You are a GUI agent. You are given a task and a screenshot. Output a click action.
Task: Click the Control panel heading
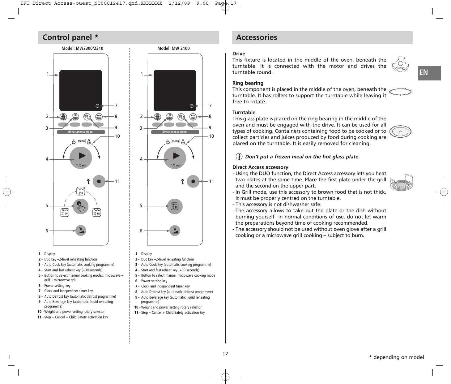tap(70, 37)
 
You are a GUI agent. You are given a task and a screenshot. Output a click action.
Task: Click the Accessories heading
tap(257, 37)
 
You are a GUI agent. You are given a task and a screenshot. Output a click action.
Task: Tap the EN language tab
tap(429, 73)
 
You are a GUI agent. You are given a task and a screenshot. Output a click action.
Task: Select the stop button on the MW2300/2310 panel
tap(99, 181)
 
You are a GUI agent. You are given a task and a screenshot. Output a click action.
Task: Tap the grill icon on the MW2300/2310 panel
tap(80, 191)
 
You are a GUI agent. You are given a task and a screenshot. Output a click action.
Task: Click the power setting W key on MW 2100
tap(175, 231)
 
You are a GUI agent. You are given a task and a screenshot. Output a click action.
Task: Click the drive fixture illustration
tap(400, 64)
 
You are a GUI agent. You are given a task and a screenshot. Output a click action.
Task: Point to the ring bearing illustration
tap(400, 92)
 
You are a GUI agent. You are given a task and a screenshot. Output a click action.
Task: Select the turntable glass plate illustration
tap(400, 132)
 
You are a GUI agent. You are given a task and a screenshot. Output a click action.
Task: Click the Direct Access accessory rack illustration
tap(401, 182)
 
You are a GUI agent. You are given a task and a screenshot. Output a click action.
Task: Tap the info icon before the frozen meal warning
tap(239, 157)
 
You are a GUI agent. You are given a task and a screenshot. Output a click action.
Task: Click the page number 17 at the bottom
tap(225, 354)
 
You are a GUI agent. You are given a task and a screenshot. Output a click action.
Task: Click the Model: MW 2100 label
tap(173, 48)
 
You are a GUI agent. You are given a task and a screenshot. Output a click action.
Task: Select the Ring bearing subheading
tap(248, 83)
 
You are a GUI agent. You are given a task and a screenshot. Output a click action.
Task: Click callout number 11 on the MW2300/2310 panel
tap(117, 181)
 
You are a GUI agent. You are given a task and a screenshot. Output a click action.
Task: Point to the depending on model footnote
tap(397, 357)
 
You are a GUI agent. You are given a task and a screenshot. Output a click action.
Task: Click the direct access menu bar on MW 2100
tap(175, 132)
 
